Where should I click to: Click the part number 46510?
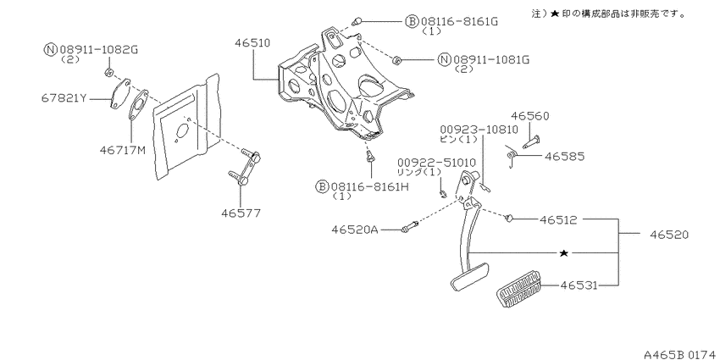[252, 43]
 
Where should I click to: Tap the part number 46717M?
[123, 150]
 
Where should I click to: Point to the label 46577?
[241, 213]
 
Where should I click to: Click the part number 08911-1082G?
[97, 49]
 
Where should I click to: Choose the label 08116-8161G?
[458, 21]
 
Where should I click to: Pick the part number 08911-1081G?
[491, 59]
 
